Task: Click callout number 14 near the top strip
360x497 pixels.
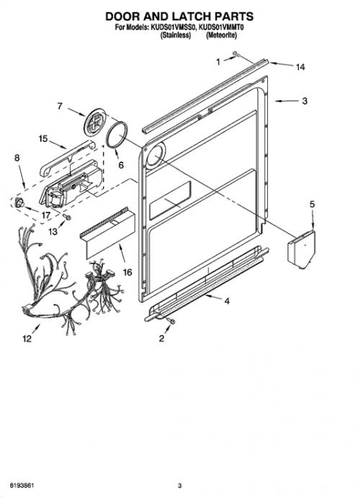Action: point(300,67)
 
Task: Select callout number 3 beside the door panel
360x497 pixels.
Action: point(305,101)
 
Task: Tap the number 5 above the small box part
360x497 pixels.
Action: point(312,205)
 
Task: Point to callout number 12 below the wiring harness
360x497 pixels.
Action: point(27,339)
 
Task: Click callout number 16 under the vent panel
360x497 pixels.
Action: point(127,272)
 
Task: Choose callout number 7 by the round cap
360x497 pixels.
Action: point(60,106)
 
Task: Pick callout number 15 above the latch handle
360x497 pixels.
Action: point(43,139)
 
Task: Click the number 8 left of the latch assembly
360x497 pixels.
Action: point(17,158)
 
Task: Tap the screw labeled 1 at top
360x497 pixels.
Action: point(236,54)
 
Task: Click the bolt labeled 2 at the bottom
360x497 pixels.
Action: point(171,321)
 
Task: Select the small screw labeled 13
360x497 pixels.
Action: point(67,217)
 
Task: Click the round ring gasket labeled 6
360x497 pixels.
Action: point(117,135)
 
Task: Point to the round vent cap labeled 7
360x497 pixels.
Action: point(95,122)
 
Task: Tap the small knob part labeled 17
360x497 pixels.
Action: point(19,202)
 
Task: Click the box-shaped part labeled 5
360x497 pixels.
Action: point(302,248)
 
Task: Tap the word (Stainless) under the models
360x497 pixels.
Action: point(176,35)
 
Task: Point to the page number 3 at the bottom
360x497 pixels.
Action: point(180,485)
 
